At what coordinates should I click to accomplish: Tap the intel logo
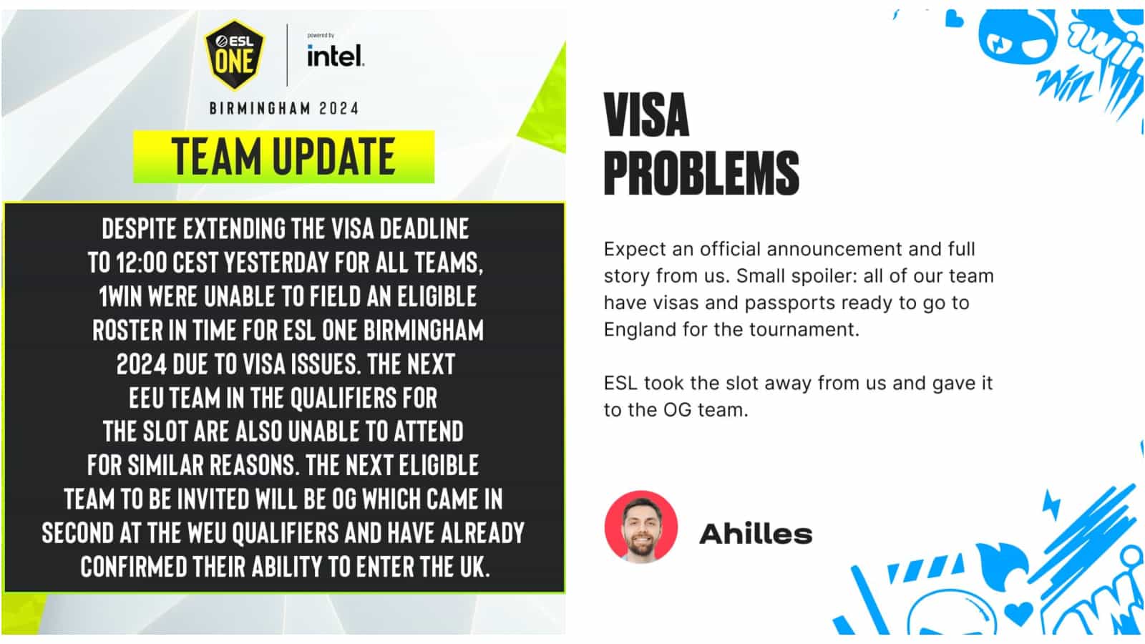[x=335, y=56]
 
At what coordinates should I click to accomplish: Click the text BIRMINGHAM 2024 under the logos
[x=283, y=109]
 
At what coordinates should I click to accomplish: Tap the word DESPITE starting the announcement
[x=139, y=229]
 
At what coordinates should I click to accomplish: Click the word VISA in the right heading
[x=646, y=116]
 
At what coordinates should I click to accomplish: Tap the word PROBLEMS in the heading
[x=701, y=173]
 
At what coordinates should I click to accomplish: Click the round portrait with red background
[x=640, y=527]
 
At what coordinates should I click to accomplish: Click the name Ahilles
[x=755, y=534]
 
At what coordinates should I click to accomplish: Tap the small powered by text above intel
[x=320, y=35]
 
